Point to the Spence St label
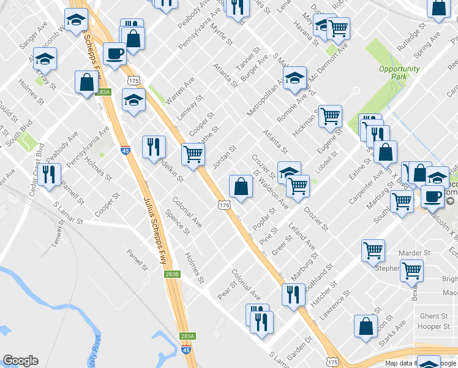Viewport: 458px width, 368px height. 178,221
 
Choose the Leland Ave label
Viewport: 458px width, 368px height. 303,239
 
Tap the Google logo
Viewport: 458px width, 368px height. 20,361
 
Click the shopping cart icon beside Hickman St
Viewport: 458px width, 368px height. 330,115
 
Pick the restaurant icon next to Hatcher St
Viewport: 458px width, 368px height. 293,293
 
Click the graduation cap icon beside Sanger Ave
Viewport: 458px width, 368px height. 75,23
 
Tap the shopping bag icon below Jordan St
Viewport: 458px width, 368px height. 241,186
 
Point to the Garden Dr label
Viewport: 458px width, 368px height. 299,347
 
